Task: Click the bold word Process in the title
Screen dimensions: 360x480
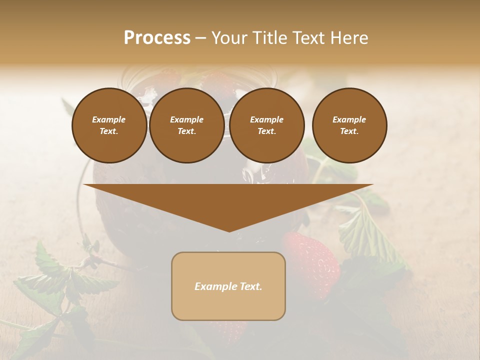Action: coord(157,38)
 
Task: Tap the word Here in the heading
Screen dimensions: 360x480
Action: coord(348,38)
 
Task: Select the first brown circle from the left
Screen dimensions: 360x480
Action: coord(109,125)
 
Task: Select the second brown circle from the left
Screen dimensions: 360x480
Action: coord(186,125)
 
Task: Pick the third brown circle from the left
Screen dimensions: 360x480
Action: coord(266,125)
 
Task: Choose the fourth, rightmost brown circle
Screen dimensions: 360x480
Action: coord(349,125)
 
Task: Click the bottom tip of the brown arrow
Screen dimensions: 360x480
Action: coord(229,231)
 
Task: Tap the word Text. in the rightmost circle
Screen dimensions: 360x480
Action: coord(349,131)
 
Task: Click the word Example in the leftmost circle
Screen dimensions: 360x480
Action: coord(109,119)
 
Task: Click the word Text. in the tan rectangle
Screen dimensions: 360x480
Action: coord(250,286)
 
